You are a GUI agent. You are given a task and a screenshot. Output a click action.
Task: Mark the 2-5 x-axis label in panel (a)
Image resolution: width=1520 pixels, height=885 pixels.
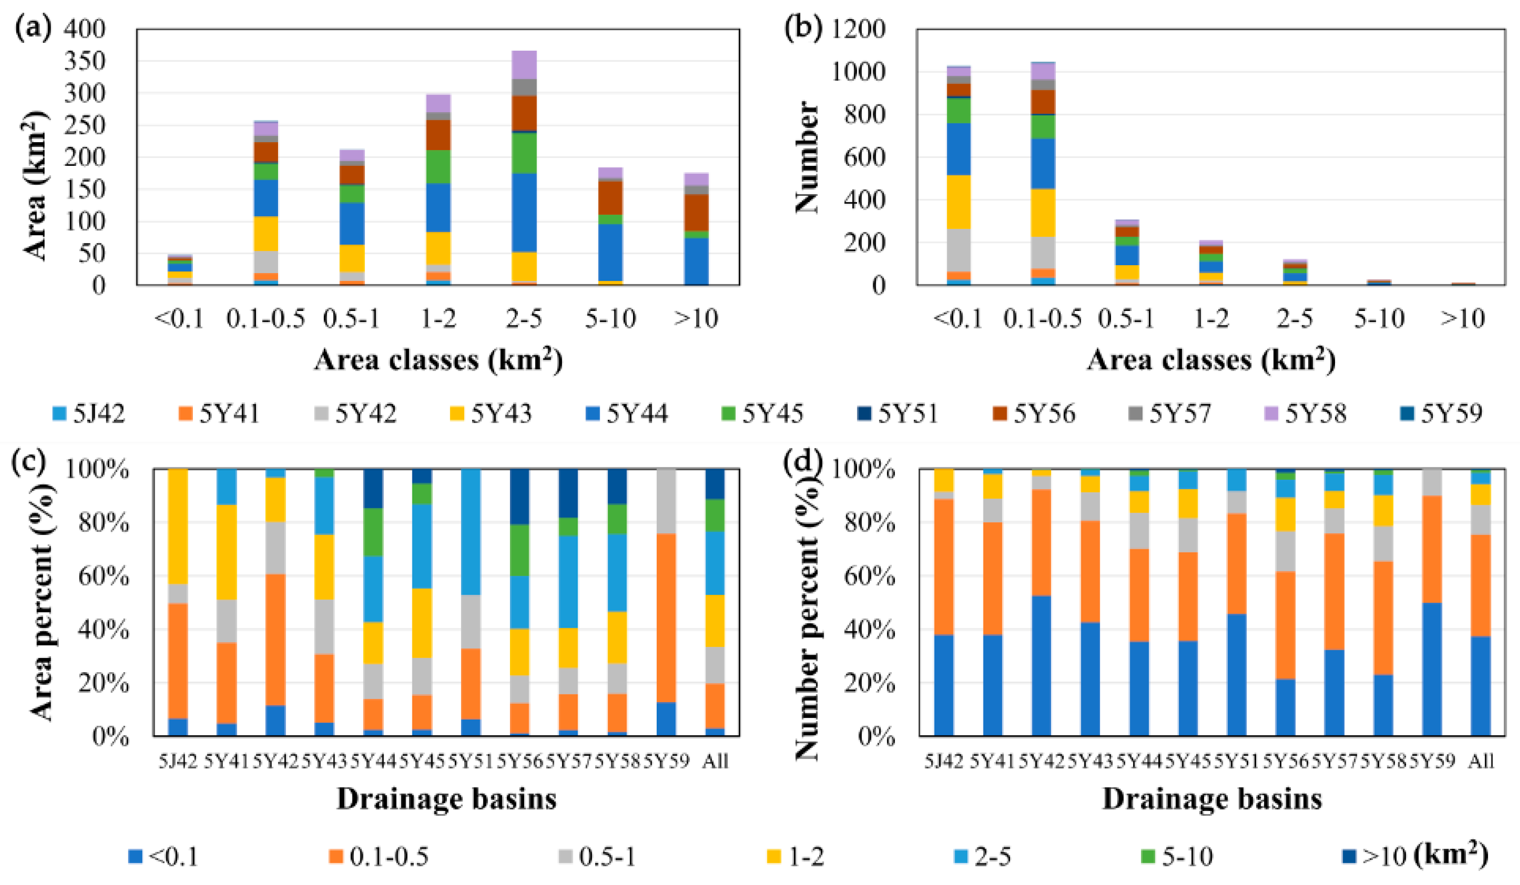pyautogui.click(x=524, y=318)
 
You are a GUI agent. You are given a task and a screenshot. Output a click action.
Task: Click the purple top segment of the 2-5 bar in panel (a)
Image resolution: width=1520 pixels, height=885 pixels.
pyautogui.click(x=524, y=64)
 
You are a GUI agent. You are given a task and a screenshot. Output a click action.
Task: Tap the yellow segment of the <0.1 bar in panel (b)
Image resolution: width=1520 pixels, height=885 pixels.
pyautogui.click(x=958, y=202)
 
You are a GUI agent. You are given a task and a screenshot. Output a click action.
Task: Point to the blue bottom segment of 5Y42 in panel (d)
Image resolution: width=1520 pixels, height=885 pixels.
pyautogui.click(x=1041, y=666)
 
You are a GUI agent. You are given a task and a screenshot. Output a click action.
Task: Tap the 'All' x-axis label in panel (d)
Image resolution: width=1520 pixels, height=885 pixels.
pyautogui.click(x=1481, y=761)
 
